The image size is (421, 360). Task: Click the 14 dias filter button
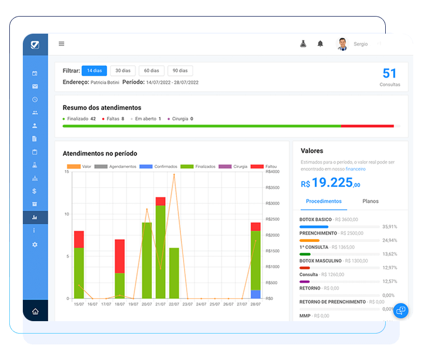point(94,70)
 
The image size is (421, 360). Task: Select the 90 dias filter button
point(180,70)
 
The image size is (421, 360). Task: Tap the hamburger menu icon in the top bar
point(61,44)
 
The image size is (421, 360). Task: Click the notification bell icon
point(320,44)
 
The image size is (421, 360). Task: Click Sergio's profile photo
point(342,44)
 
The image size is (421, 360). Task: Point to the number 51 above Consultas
point(389,74)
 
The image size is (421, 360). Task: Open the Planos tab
point(370,201)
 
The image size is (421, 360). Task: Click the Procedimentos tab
point(324,201)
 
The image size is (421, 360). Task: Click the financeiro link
point(355,169)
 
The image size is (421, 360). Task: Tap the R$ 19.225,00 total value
point(330,183)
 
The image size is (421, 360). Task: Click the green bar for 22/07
point(174,273)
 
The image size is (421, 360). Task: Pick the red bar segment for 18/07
point(120,256)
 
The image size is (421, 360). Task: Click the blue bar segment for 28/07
point(256,294)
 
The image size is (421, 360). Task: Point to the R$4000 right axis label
point(272,171)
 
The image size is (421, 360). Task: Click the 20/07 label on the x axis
point(147,304)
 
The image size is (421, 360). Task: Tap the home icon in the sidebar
point(35,311)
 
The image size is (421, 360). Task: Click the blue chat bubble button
point(401,311)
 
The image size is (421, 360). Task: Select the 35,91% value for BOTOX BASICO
point(389,227)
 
